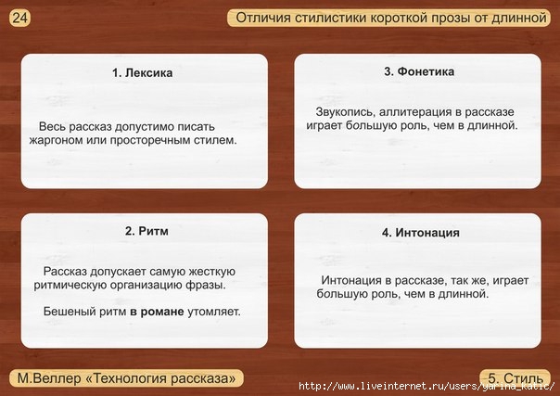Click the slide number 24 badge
[20, 18]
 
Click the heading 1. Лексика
[142, 73]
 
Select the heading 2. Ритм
[146, 231]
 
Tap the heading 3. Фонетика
[419, 71]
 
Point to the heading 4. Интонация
[420, 233]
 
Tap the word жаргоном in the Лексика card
[56, 140]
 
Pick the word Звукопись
[345, 112]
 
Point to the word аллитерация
[415, 112]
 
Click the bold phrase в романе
[157, 312]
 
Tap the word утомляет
[214, 312]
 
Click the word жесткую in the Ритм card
[211, 272]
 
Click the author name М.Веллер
[49, 378]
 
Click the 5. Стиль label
[515, 377]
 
